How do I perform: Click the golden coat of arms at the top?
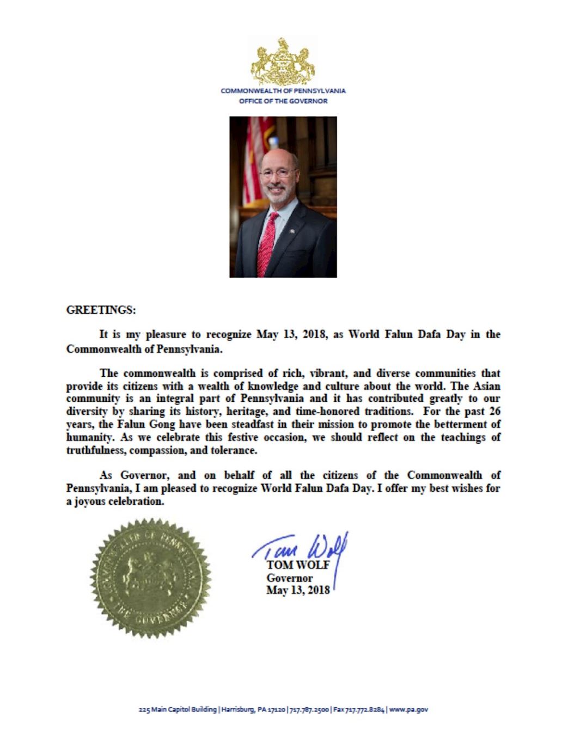tap(283, 60)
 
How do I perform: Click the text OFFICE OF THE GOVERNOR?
tap(283, 101)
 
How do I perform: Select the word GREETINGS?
tap(100, 310)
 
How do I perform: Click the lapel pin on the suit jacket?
tap(292, 231)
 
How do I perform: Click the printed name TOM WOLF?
tap(298, 565)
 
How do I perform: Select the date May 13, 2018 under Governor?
tap(297, 590)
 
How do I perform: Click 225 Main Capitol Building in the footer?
tap(178, 709)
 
